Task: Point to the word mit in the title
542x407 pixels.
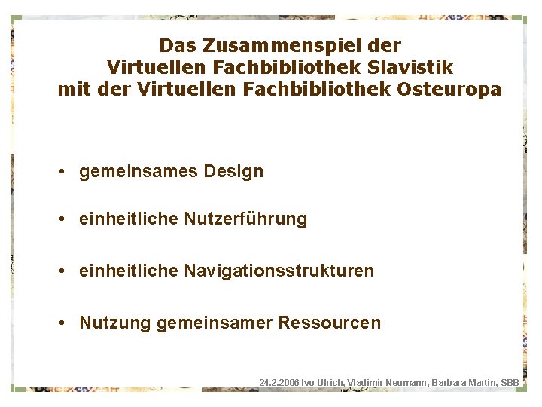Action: pos(73,90)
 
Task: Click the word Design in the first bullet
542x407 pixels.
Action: pos(233,171)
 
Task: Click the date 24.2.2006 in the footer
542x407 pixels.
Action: pos(278,383)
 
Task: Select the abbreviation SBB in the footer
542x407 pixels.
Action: pos(510,383)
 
